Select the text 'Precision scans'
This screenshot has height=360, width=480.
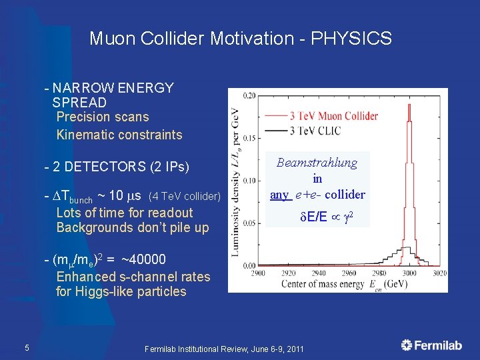103,117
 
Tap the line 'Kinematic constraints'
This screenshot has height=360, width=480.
119,135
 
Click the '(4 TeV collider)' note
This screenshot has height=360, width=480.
185,197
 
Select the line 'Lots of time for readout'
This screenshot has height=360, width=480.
124,213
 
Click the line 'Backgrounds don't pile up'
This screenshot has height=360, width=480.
132,228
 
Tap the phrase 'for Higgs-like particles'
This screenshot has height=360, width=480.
121,291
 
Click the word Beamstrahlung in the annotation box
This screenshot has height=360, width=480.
317,163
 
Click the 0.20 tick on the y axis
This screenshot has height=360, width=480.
248,96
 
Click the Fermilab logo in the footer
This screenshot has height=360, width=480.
432,345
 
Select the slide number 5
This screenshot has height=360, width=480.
26,347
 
